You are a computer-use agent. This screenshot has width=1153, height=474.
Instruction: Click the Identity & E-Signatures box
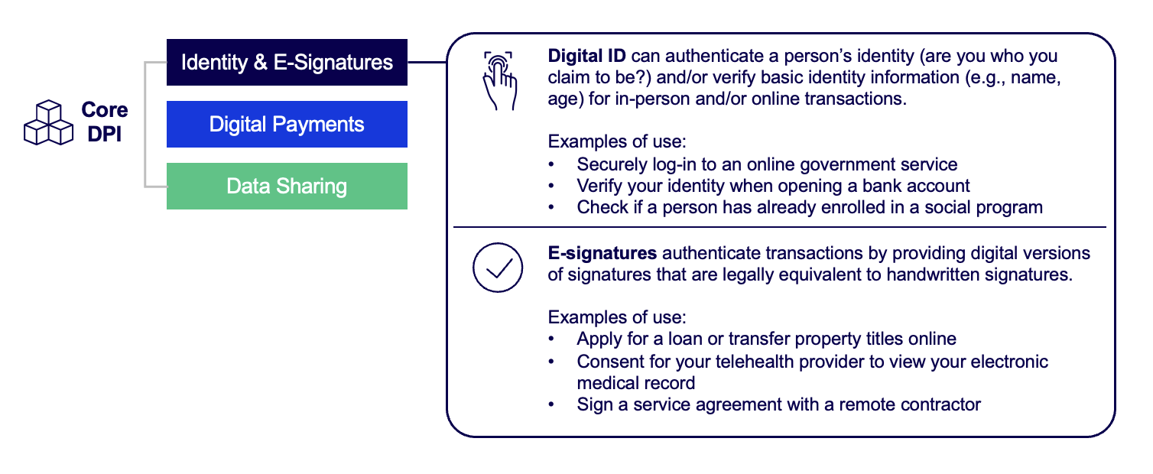[287, 62]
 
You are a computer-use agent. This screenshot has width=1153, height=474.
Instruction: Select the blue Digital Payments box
[287, 124]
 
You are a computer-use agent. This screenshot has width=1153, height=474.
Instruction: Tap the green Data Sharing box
[287, 186]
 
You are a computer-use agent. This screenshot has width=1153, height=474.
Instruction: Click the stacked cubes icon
[48, 122]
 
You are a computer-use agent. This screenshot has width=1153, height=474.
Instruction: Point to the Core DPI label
[105, 122]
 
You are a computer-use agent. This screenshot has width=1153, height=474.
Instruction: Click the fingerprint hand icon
[499, 80]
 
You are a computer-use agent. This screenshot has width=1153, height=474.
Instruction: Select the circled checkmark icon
[498, 268]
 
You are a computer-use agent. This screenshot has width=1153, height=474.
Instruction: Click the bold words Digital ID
[586, 56]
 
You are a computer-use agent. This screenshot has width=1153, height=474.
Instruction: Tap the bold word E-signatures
[602, 253]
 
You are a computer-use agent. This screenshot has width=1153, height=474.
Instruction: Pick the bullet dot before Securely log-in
[551, 164]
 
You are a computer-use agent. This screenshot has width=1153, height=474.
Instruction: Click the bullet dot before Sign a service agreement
[551, 404]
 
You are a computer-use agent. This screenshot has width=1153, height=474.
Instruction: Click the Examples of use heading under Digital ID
[617, 141]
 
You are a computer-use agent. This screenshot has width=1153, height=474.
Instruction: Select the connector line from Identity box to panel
[427, 62]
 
